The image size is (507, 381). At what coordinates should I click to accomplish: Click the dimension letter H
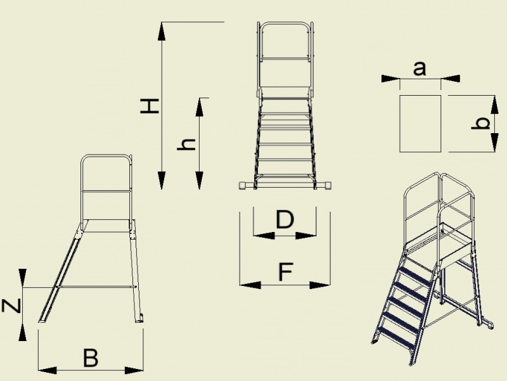150,106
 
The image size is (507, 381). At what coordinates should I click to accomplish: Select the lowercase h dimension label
186,145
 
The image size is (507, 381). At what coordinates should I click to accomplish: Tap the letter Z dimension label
11,306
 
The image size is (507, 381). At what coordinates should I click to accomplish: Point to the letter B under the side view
91,358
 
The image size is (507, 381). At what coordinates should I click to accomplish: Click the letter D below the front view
285,219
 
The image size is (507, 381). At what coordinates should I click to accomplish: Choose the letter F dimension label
286,272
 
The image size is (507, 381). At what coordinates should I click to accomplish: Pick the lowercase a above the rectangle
420,69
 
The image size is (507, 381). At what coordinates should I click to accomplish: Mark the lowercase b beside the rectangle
480,123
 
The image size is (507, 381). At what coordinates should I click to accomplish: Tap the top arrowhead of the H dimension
162,31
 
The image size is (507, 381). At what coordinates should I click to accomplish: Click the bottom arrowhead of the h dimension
200,180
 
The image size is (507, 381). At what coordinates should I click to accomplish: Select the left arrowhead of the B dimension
48,370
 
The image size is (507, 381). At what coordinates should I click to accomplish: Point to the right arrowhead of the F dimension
320,285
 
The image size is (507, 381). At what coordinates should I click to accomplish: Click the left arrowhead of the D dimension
264,235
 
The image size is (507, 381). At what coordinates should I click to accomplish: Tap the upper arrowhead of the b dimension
494,105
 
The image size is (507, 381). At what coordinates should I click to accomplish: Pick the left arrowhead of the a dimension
390,79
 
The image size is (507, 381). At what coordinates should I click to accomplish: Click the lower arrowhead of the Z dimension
22,332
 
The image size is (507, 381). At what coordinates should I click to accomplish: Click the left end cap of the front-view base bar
243,185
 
